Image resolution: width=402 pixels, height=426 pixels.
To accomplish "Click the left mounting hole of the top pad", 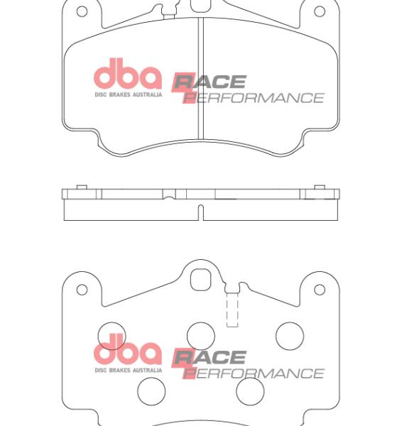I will tap(82, 11).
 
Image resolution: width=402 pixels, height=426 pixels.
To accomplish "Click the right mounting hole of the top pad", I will tap(320, 11).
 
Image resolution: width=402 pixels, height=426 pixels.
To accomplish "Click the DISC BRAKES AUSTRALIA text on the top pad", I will tap(128, 94).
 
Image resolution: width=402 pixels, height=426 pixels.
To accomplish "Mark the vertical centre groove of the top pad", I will tap(200, 78).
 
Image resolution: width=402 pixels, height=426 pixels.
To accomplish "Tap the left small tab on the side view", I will tap(82, 187).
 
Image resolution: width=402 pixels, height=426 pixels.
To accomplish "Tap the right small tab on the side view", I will tap(320, 187).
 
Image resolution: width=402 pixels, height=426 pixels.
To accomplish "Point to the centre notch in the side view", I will tap(200, 212).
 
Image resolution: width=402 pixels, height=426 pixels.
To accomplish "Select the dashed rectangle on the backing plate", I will tap(232, 311).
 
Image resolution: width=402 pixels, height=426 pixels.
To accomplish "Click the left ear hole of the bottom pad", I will tap(82, 290).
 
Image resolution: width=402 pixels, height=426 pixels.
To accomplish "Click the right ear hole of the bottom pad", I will tap(320, 290).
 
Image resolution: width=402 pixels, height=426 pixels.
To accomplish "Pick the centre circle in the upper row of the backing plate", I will tap(201, 336).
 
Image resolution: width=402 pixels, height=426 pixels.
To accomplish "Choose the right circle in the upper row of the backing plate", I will tap(290, 336).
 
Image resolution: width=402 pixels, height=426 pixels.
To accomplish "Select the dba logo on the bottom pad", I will tap(128, 352).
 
